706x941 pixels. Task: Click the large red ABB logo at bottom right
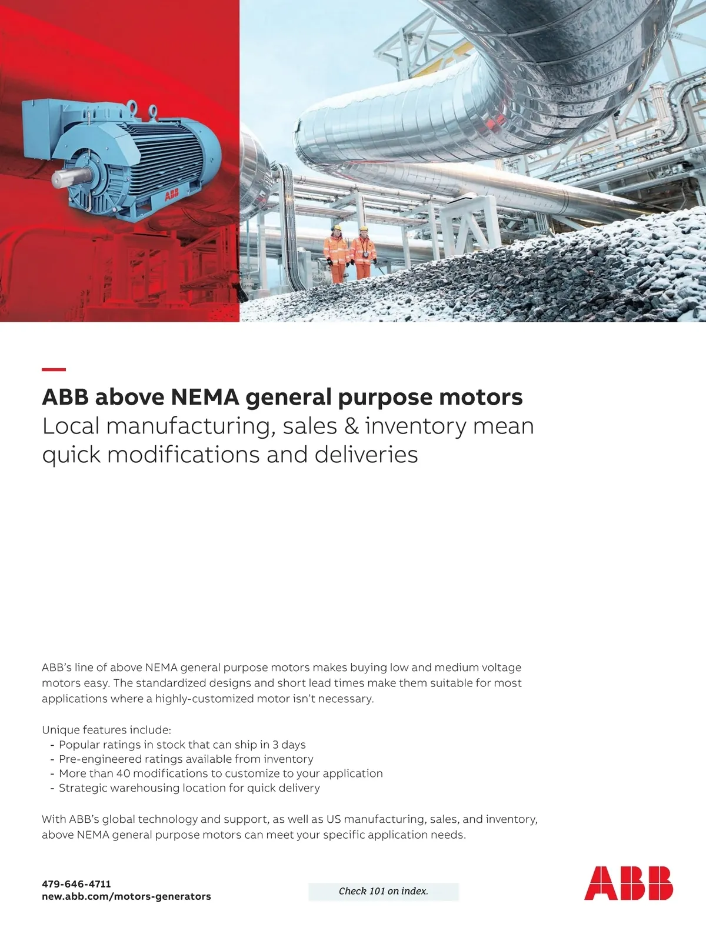click(628, 883)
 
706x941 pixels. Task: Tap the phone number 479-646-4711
click(76, 884)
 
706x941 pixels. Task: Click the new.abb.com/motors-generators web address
click(126, 897)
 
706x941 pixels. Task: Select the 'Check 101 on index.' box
click(383, 892)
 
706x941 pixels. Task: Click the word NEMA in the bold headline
click(205, 398)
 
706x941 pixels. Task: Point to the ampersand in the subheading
click(351, 426)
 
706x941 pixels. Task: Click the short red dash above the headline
click(54, 369)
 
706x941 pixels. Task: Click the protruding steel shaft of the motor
click(65, 178)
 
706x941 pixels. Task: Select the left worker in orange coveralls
click(336, 253)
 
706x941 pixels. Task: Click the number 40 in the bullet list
click(123, 773)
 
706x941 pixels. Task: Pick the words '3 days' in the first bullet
click(289, 745)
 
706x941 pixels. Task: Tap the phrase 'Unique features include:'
click(106, 730)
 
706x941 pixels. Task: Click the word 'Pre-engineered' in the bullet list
click(99, 759)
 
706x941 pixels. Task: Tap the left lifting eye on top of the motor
click(132, 106)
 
